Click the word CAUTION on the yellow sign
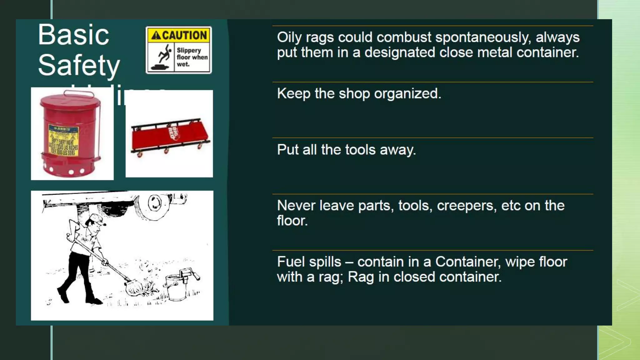click(184, 35)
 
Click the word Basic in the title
click(73, 35)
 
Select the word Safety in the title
click(79, 65)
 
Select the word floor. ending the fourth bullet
click(292, 221)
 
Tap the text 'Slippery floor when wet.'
click(192, 57)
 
